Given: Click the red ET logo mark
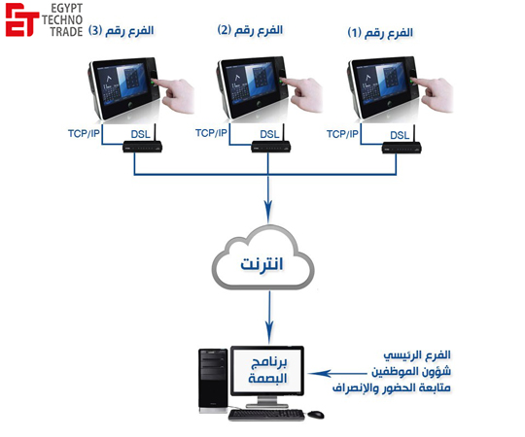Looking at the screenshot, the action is click(x=21, y=19).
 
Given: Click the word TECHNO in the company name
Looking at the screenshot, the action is click(x=62, y=19).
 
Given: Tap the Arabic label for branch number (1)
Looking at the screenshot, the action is click(x=380, y=33).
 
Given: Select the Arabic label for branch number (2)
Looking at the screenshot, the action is click(x=250, y=30).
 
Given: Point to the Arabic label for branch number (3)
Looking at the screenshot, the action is click(x=121, y=31).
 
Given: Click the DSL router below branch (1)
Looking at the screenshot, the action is click(x=402, y=145).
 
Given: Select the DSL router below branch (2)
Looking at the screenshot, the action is click(x=271, y=144).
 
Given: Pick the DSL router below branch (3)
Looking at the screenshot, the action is click(x=143, y=144).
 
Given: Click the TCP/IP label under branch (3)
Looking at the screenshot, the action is click(x=84, y=133).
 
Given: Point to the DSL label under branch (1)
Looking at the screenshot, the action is click(x=400, y=135).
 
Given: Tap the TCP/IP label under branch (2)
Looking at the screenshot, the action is click(x=211, y=133).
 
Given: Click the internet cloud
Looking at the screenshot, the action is click(x=263, y=257).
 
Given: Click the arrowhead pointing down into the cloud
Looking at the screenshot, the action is click(x=268, y=212).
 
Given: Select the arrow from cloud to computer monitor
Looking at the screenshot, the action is click(x=269, y=317).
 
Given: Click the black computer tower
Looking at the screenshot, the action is click(x=213, y=381).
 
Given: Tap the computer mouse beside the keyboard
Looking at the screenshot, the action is click(x=316, y=415).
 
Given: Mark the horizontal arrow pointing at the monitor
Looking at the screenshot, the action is click(x=337, y=373).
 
